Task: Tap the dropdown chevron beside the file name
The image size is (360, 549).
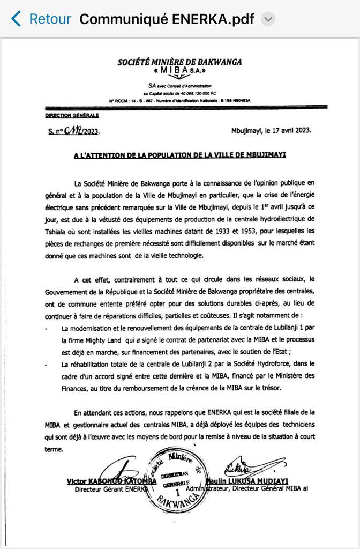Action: point(268,20)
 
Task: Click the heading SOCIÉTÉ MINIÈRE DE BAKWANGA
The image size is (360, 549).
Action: point(179,62)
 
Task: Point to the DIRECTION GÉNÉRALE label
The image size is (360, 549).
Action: point(72,115)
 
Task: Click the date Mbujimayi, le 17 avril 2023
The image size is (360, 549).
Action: point(271,130)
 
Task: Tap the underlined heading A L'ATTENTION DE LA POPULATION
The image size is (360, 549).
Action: point(180,155)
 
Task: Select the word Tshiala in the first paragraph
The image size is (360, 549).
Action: point(57,231)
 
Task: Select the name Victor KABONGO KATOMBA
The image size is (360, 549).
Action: point(111,481)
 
